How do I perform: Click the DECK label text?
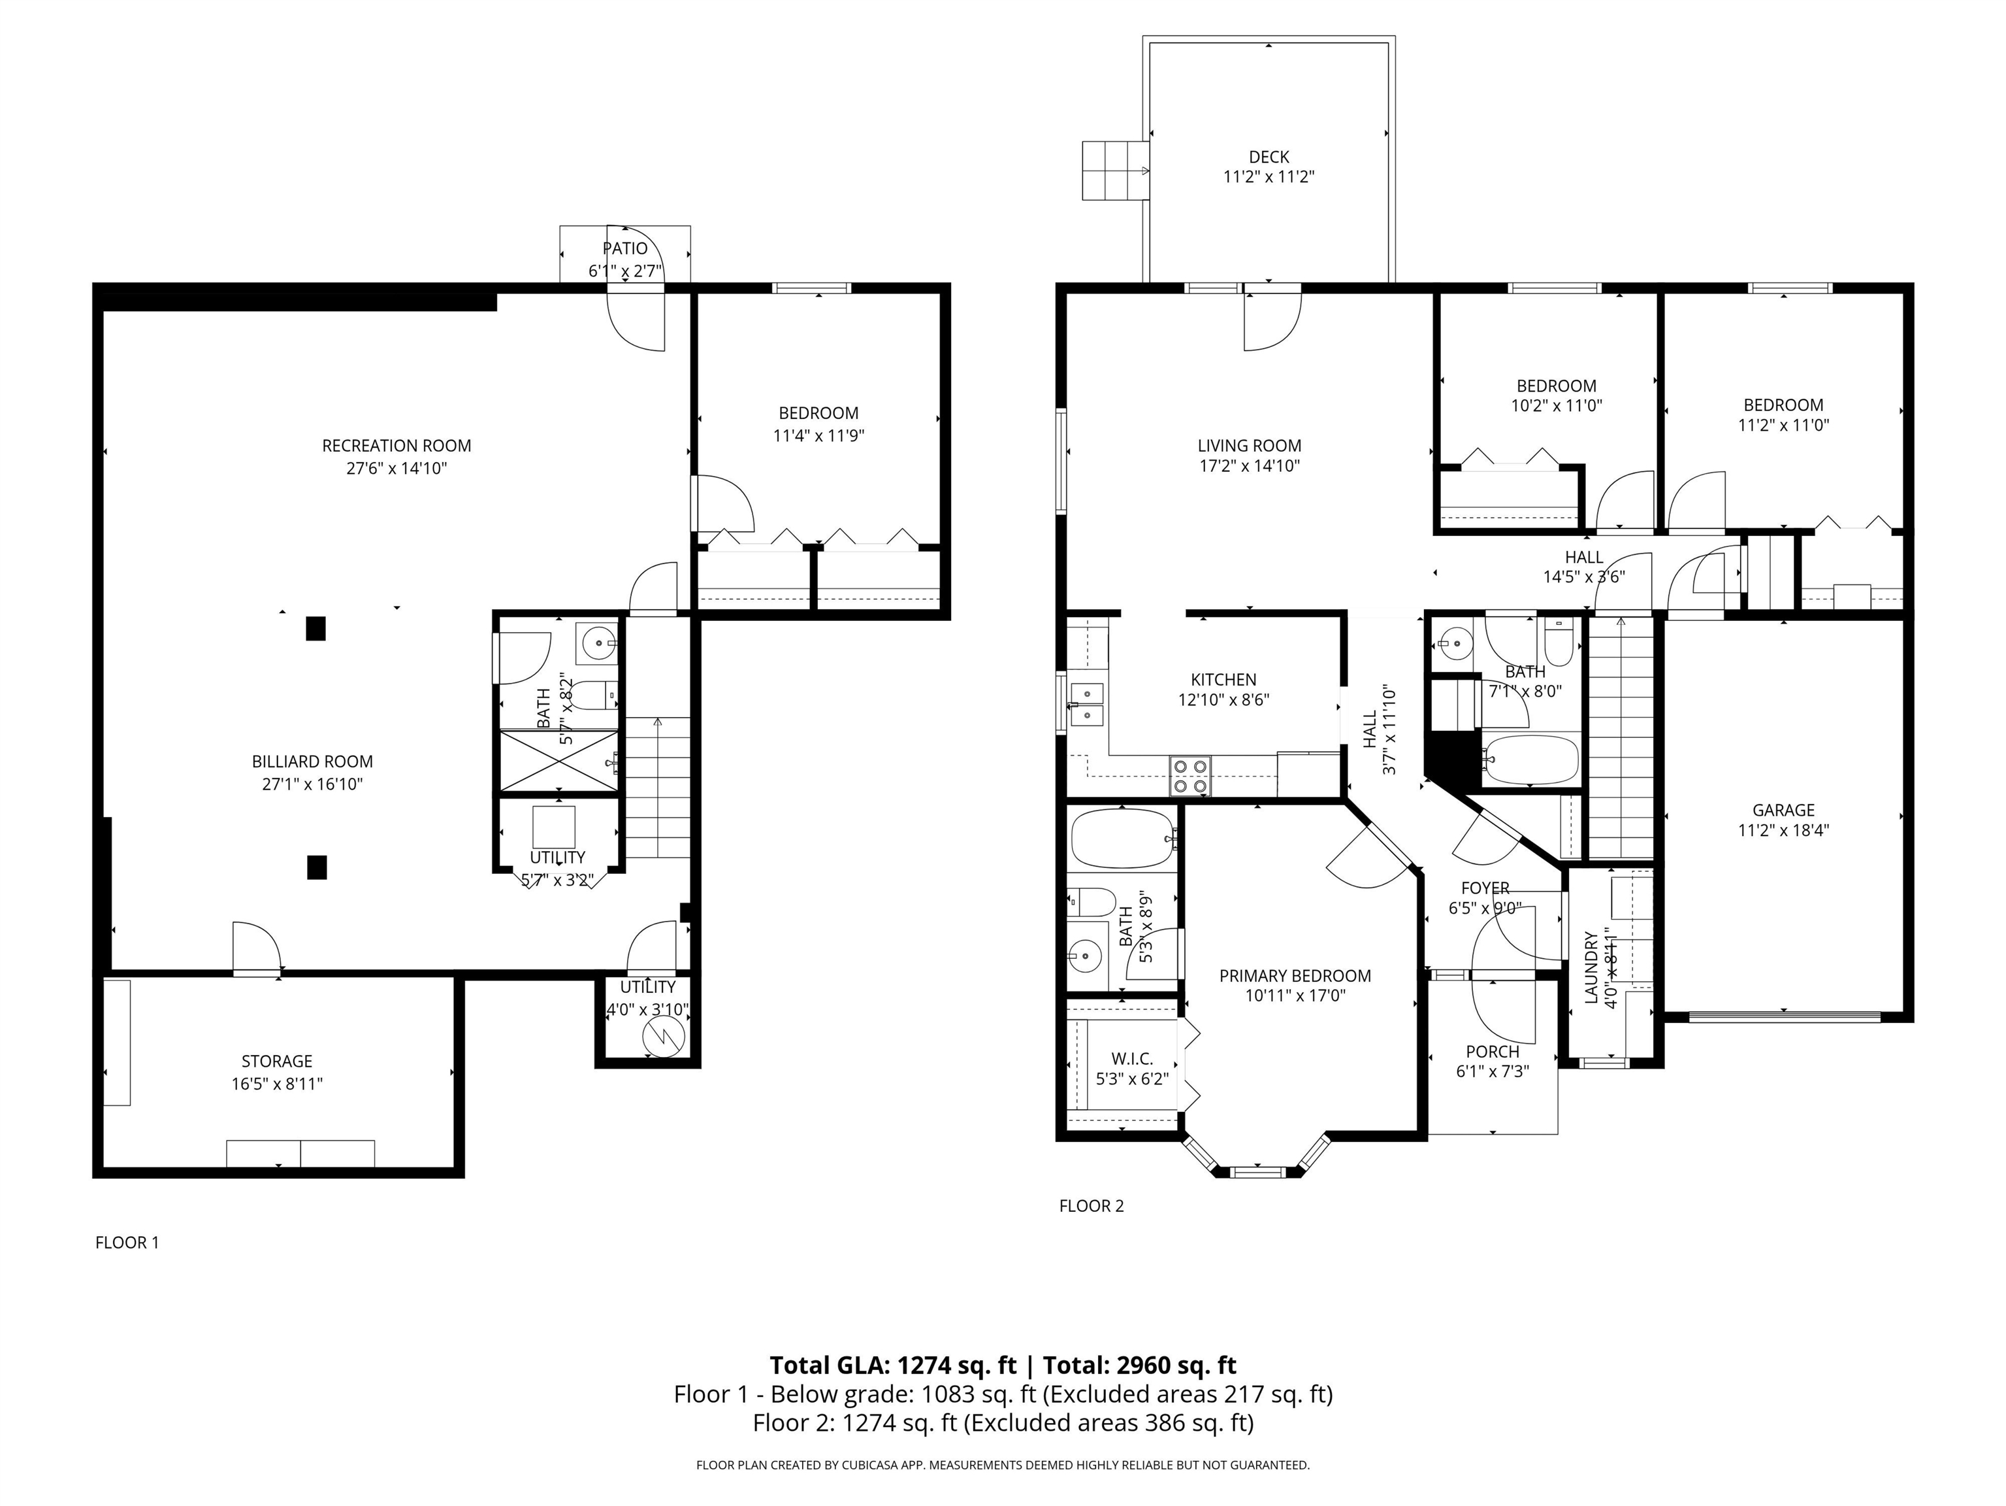[x=1269, y=157]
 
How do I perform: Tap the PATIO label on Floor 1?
[x=625, y=248]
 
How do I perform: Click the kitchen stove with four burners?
[x=1191, y=777]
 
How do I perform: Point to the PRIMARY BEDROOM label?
[x=1295, y=976]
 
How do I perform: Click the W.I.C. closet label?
[x=1132, y=1059]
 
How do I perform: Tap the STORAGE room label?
[x=276, y=1062]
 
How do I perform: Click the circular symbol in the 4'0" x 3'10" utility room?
[x=661, y=1036]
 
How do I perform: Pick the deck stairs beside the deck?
[x=1116, y=170]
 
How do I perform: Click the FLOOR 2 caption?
[x=1091, y=1206]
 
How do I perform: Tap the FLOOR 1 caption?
[x=127, y=1243]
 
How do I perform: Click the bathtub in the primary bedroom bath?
[x=1123, y=838]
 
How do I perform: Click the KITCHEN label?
[x=1223, y=680]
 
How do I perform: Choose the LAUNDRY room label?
[x=1590, y=967]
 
